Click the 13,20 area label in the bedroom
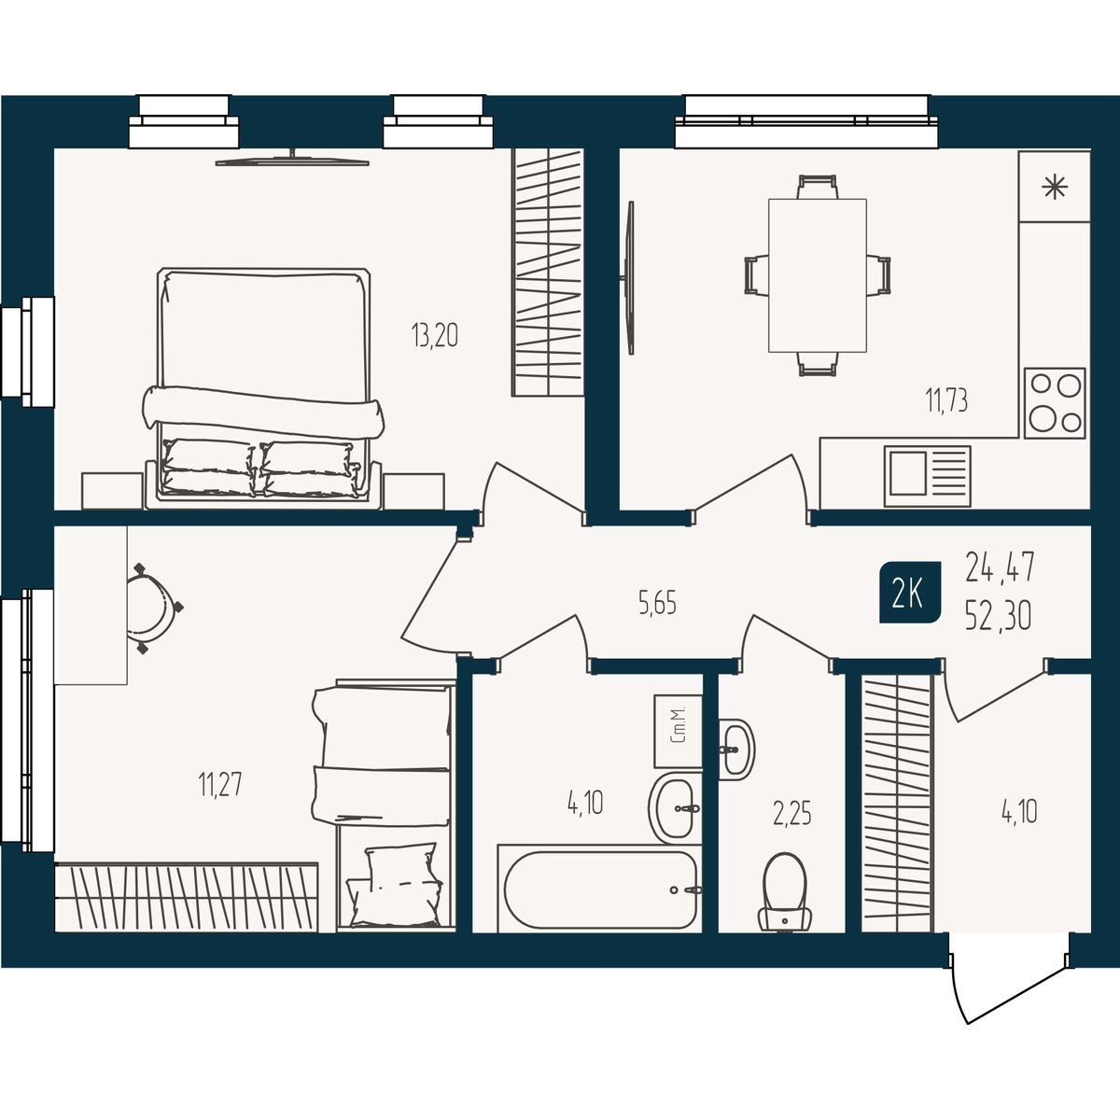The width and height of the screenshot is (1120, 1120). point(435,335)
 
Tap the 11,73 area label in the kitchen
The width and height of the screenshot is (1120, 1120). point(946,400)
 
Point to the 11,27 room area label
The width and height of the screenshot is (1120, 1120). point(219,785)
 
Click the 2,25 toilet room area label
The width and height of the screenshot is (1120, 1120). point(791,814)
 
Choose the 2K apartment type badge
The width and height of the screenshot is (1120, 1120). point(910,593)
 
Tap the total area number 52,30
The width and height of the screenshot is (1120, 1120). point(999,616)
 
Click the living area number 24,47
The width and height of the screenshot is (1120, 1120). point(1000,567)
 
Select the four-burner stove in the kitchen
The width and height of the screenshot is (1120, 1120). point(1055,403)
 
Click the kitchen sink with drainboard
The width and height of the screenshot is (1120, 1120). point(928,475)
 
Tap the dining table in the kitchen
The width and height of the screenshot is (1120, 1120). point(818,275)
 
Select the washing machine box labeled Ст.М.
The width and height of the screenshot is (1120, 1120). point(679,732)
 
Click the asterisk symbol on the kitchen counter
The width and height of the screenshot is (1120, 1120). point(1055,187)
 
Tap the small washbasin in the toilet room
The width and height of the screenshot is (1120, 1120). point(736,749)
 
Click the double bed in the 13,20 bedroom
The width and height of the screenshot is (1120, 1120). point(262,387)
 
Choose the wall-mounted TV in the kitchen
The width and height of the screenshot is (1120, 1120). point(629,278)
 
